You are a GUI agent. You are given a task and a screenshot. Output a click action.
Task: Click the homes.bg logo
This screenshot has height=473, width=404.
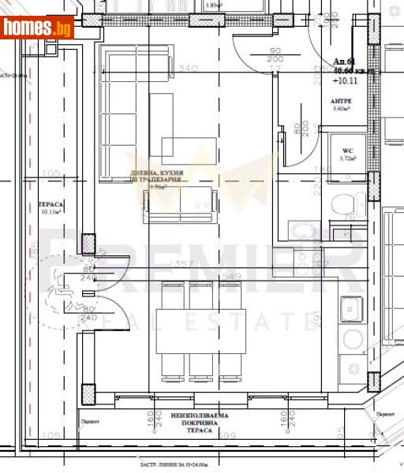37,28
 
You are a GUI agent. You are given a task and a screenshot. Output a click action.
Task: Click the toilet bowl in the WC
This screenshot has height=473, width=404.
341,207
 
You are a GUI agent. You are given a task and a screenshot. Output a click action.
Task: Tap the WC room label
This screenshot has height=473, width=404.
346,151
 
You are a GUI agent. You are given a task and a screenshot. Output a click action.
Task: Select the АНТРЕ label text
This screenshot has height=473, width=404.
342,102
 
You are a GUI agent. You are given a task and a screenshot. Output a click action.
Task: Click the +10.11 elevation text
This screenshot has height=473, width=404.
345,80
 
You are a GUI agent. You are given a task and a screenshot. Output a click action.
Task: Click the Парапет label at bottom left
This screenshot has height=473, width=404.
89,420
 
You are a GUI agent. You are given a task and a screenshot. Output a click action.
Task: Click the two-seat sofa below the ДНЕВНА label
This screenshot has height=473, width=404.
180,203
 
